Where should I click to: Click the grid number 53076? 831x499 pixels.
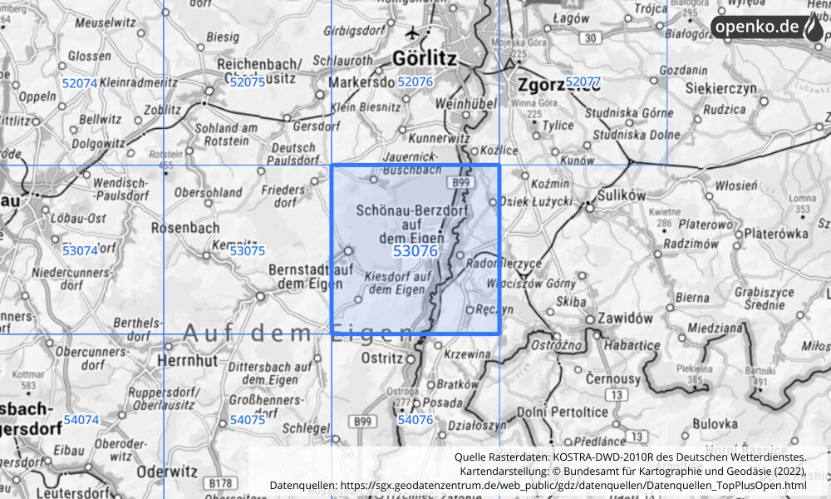pos(415,251)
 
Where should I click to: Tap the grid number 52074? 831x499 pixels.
pos(80,83)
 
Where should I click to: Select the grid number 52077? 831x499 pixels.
pos(583,82)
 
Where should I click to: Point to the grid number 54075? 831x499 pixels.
pos(247,420)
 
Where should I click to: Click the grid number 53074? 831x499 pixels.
pos(80,250)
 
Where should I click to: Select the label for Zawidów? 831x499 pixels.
pos(626,318)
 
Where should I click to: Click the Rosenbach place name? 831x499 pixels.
pos(185,226)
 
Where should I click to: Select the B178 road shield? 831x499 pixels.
pos(220,483)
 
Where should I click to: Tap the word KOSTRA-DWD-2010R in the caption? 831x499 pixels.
pos(642,457)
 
